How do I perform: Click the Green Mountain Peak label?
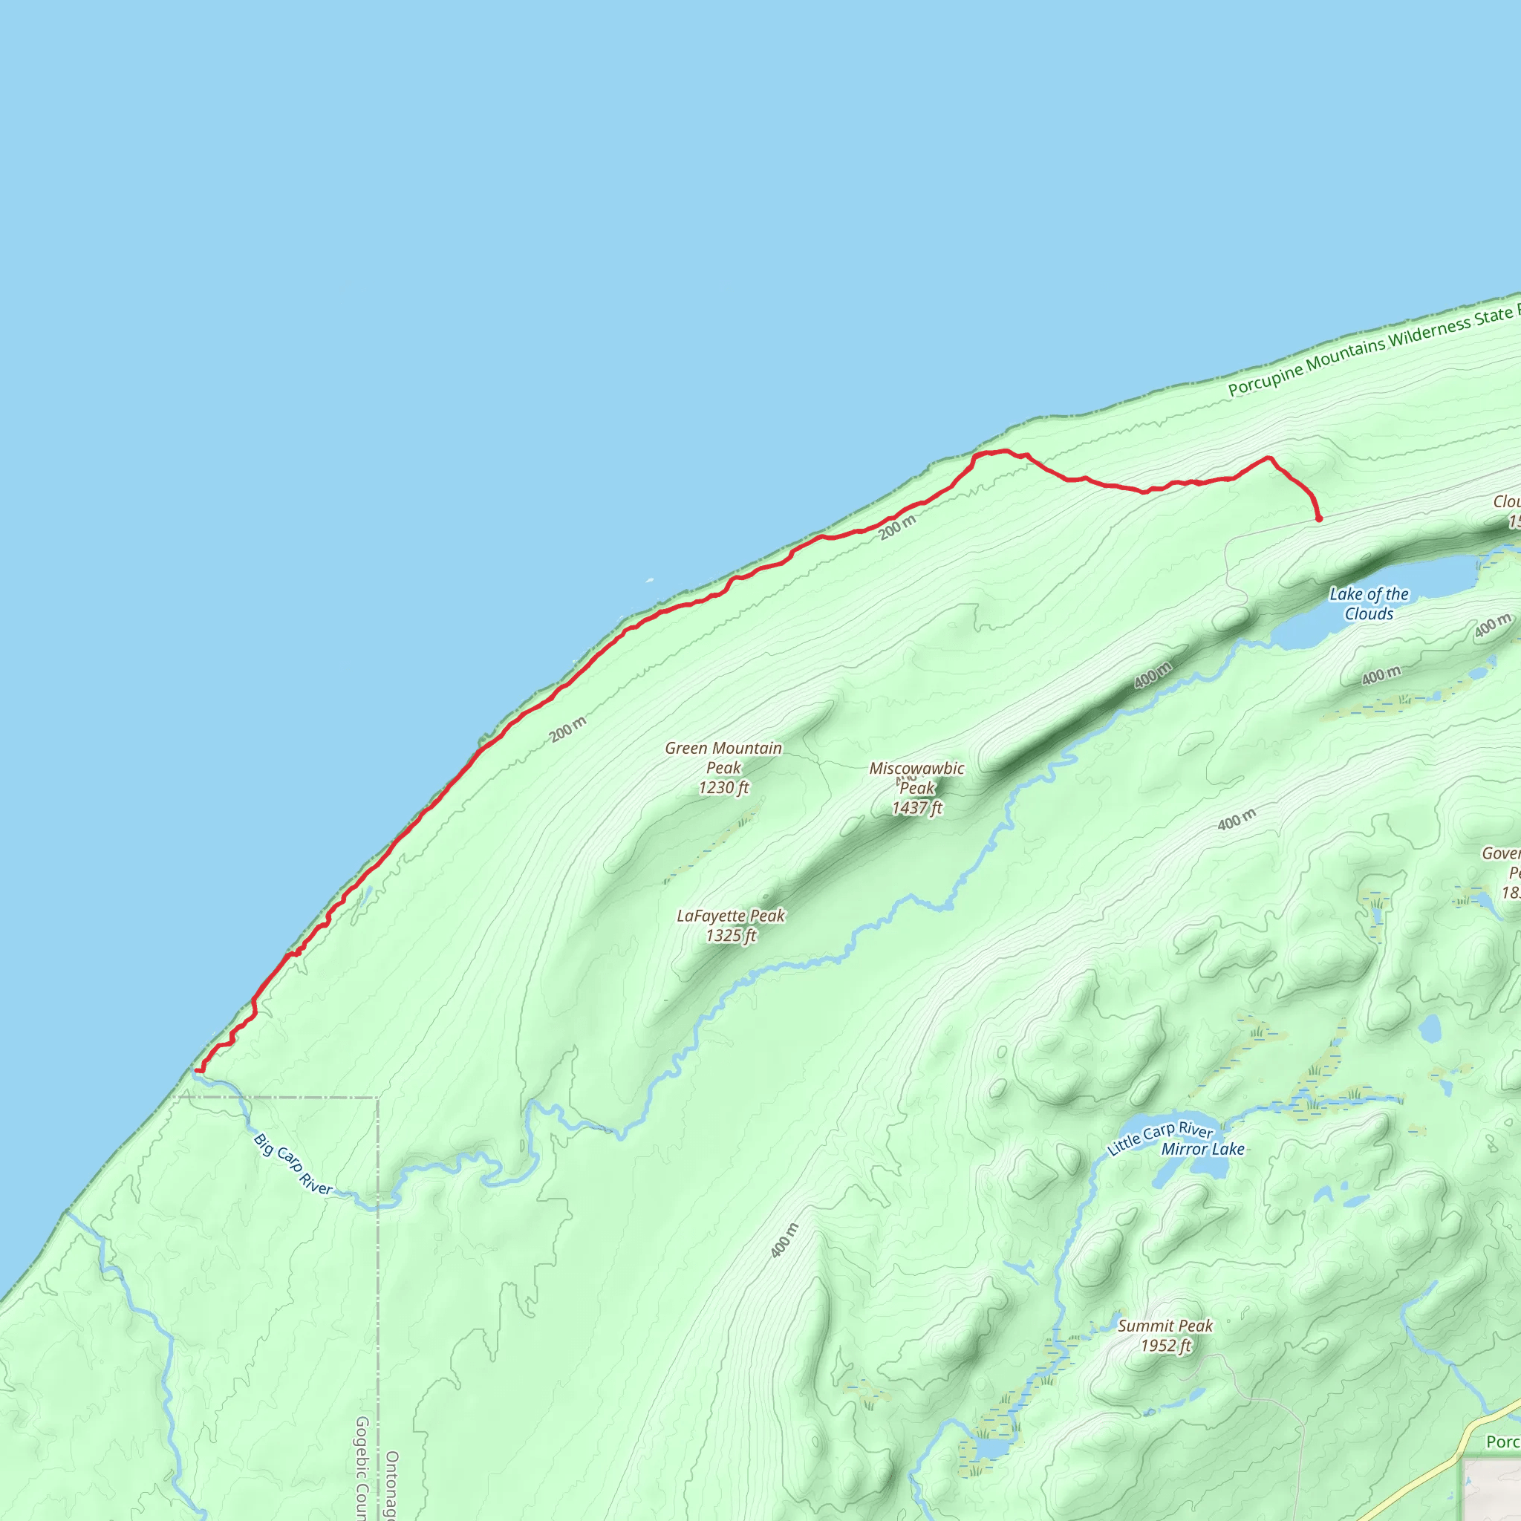(x=723, y=758)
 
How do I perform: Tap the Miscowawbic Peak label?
(x=916, y=778)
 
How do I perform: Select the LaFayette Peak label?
(x=731, y=916)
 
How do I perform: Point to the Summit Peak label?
(x=1165, y=1326)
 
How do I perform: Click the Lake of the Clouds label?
(x=1369, y=604)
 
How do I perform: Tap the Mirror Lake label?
(x=1203, y=1150)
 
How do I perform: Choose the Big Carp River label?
(x=293, y=1165)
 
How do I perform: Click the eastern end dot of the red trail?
(x=1319, y=520)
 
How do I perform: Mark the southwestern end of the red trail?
(x=198, y=1071)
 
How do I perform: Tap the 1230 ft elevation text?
(x=723, y=787)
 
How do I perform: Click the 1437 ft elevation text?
(x=916, y=808)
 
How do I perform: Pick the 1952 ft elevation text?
(x=1165, y=1346)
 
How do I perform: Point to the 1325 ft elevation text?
(x=731, y=935)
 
